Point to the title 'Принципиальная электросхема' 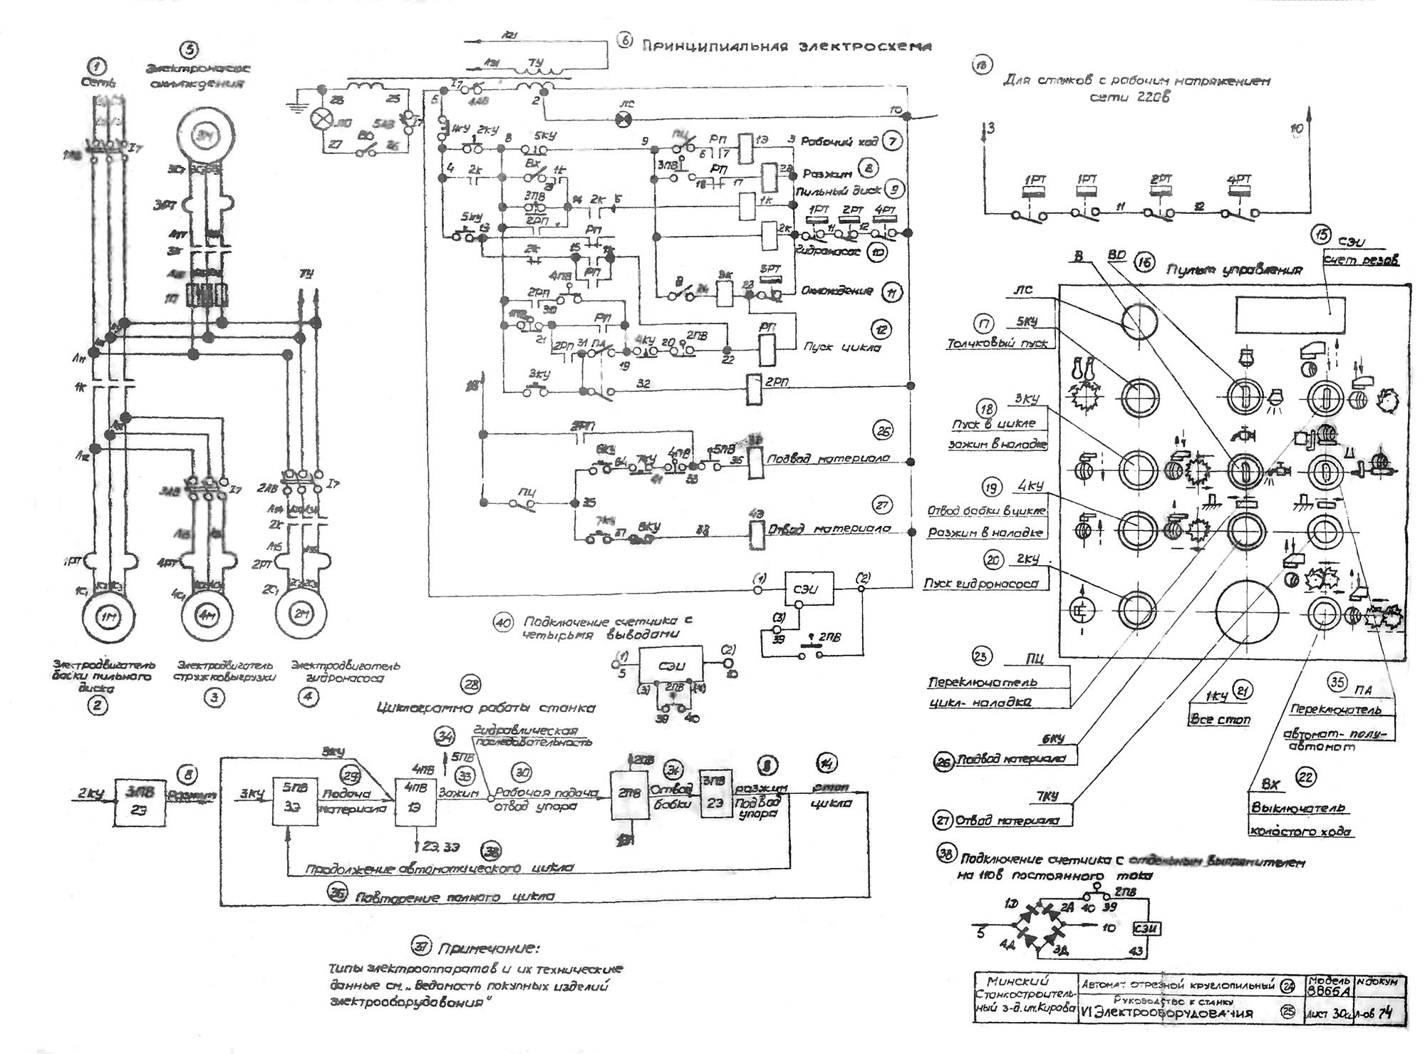[787, 46]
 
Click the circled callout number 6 [624, 41]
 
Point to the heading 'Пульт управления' [1234, 270]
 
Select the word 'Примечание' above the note [488, 949]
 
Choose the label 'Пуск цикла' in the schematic [841, 347]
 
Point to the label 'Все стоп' [1220, 720]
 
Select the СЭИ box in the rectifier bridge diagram [1146, 929]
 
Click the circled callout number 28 [471, 685]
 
